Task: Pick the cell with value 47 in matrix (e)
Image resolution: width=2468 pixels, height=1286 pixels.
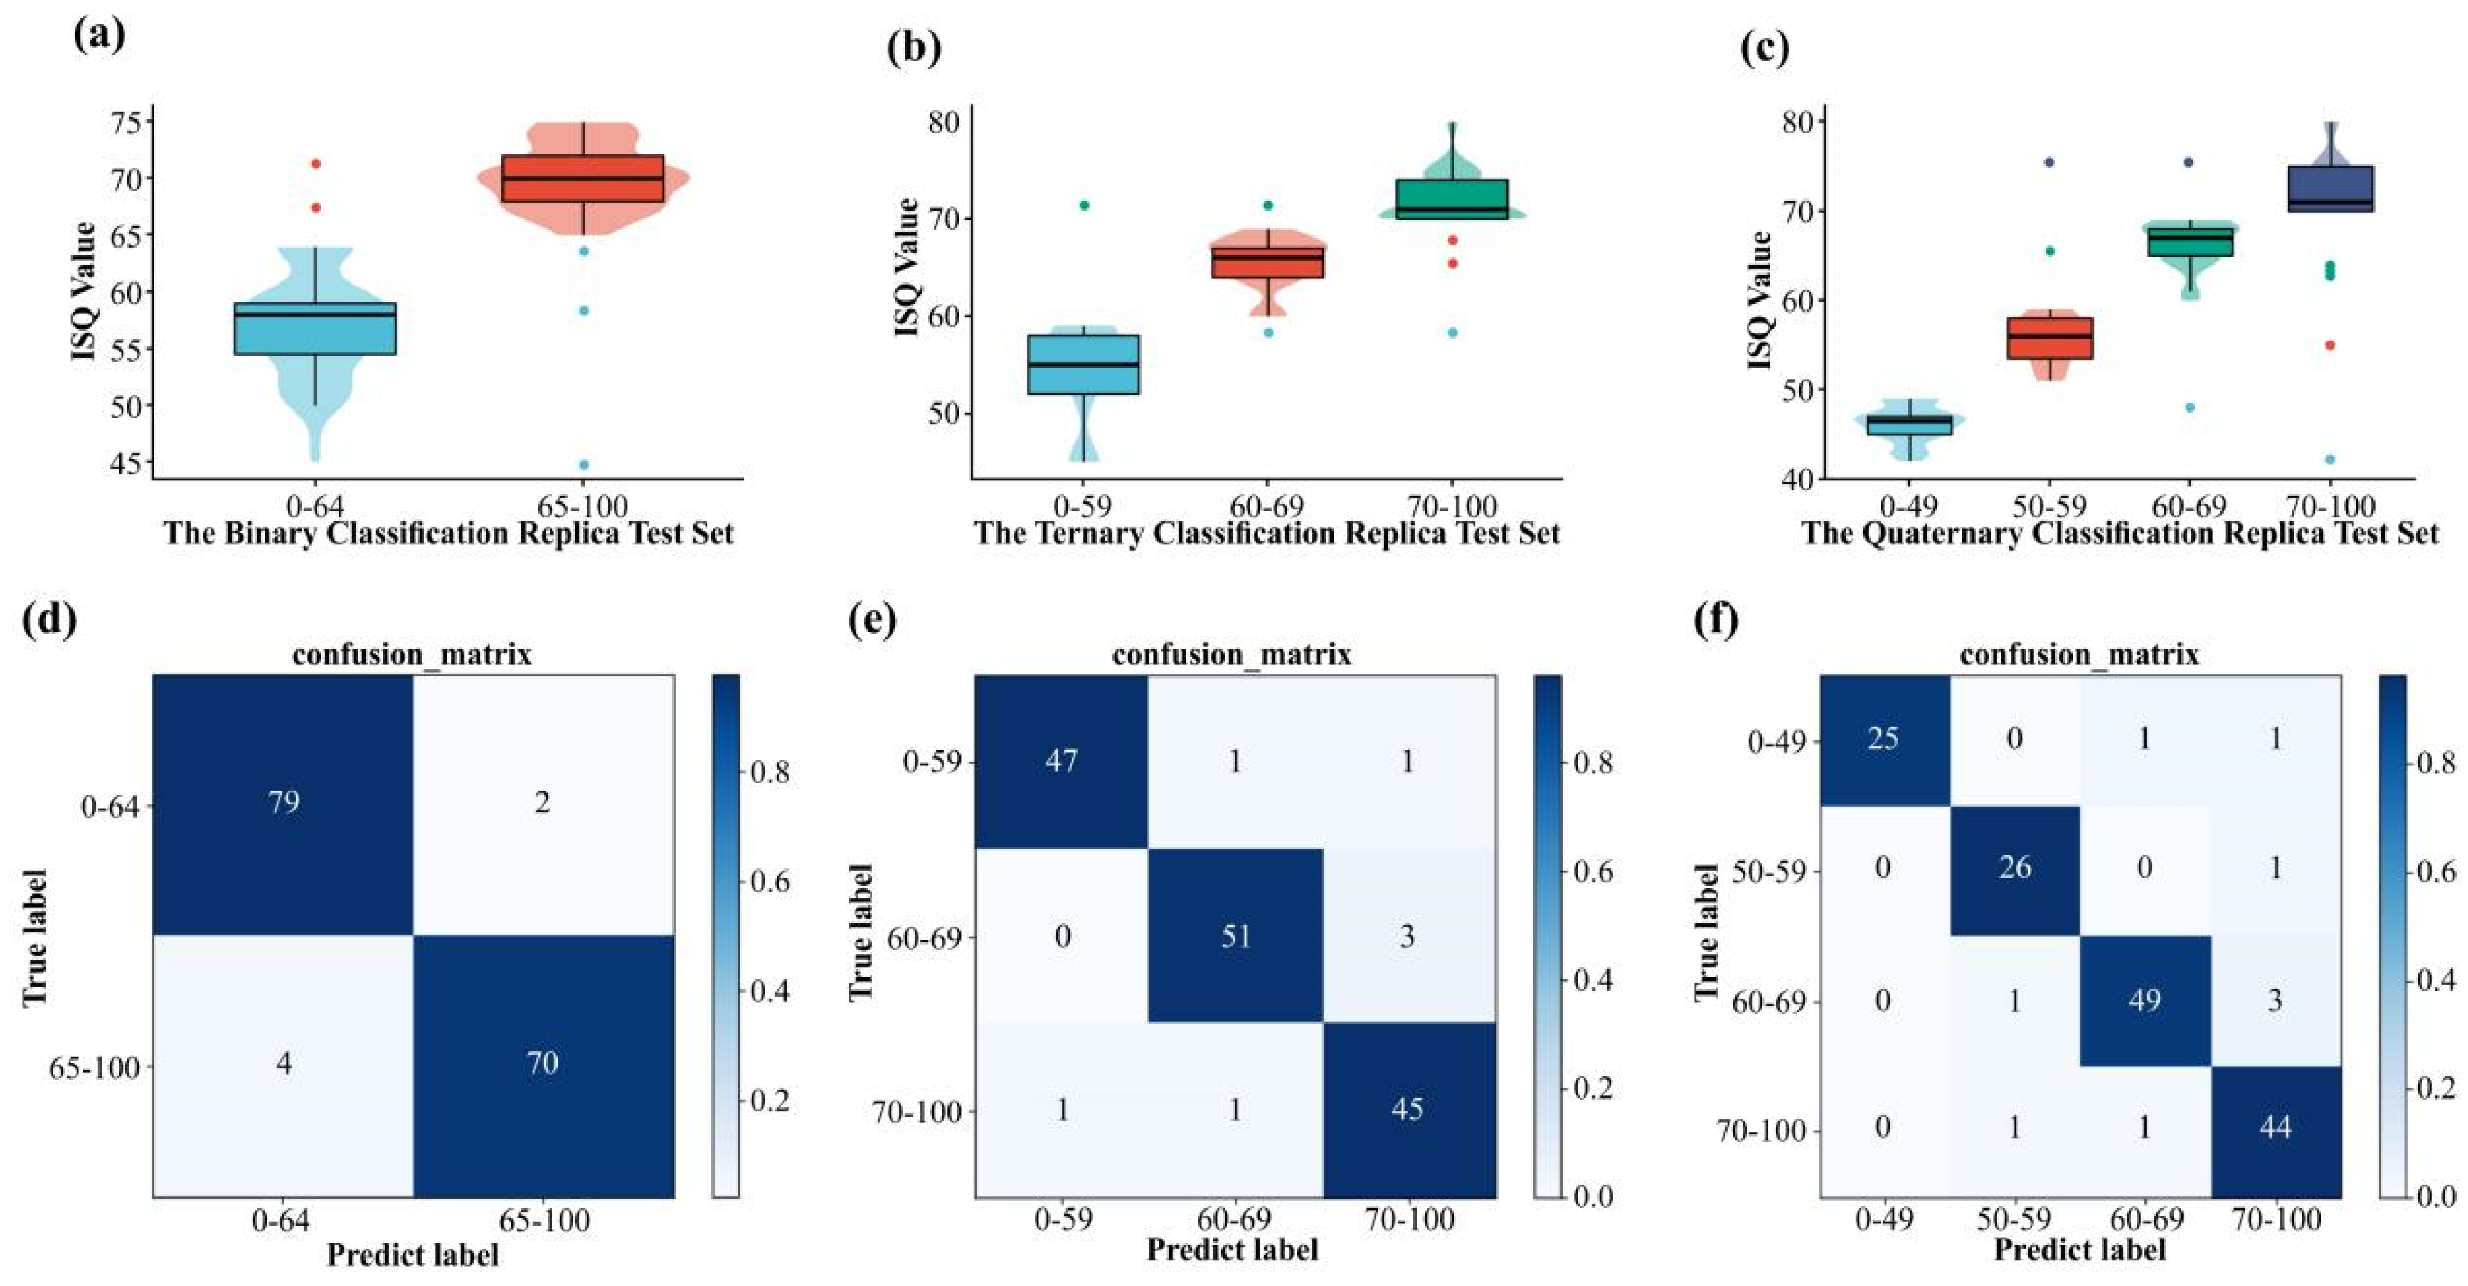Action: (x=1062, y=761)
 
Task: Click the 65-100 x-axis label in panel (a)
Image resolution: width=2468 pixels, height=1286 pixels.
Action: (x=583, y=506)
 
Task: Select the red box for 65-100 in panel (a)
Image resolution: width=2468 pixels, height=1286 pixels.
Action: (x=583, y=179)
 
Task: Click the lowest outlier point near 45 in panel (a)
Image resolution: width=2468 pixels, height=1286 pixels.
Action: (x=583, y=464)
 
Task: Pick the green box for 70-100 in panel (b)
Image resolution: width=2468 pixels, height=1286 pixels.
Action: (x=1452, y=199)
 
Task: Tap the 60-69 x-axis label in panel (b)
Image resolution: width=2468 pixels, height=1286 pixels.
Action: (x=1267, y=506)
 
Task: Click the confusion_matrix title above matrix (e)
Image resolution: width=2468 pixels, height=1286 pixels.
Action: (x=1231, y=654)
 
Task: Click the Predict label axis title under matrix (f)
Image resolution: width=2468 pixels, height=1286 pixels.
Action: (x=2079, y=1250)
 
